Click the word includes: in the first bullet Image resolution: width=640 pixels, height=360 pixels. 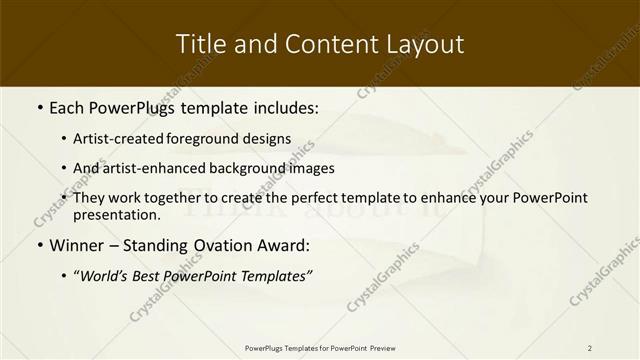click(282, 106)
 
